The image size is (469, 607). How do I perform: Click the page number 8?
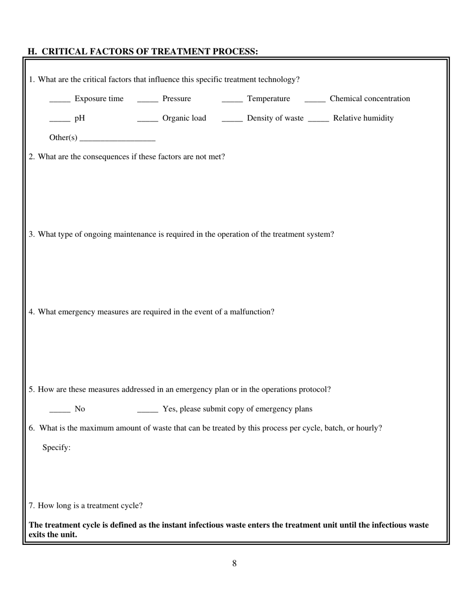[x=234, y=564]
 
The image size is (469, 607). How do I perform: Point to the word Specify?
[x=56, y=448]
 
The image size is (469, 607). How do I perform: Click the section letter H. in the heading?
[x=32, y=51]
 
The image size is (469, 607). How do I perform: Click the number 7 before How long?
[x=32, y=506]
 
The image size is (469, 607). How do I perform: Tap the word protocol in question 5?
[x=314, y=389]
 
